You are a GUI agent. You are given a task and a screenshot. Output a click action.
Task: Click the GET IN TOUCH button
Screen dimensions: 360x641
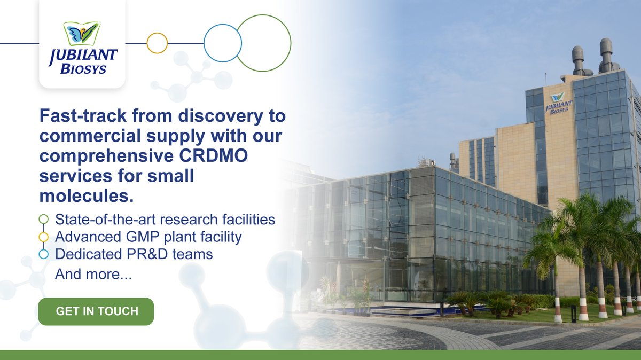click(x=96, y=311)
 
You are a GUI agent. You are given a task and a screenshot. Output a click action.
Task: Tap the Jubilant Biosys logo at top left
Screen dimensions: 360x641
click(x=82, y=48)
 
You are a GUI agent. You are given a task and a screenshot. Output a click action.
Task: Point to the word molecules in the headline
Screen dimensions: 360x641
click(x=86, y=196)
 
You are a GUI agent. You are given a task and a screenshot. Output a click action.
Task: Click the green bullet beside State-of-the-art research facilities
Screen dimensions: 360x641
click(x=44, y=219)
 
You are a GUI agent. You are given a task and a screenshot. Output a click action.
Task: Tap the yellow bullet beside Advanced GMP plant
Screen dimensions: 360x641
click(x=44, y=237)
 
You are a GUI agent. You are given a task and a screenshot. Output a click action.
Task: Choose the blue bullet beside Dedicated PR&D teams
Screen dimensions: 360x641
click(x=44, y=255)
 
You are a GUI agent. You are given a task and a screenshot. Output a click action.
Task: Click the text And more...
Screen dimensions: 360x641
click(x=93, y=275)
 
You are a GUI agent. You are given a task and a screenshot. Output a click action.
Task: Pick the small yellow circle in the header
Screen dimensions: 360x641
click(x=157, y=43)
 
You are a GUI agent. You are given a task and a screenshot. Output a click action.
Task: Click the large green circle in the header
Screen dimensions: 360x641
click(x=263, y=43)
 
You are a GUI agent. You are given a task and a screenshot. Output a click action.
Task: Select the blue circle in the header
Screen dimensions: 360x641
click(x=223, y=43)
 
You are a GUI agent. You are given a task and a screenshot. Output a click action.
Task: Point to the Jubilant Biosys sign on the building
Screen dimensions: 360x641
click(x=559, y=103)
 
